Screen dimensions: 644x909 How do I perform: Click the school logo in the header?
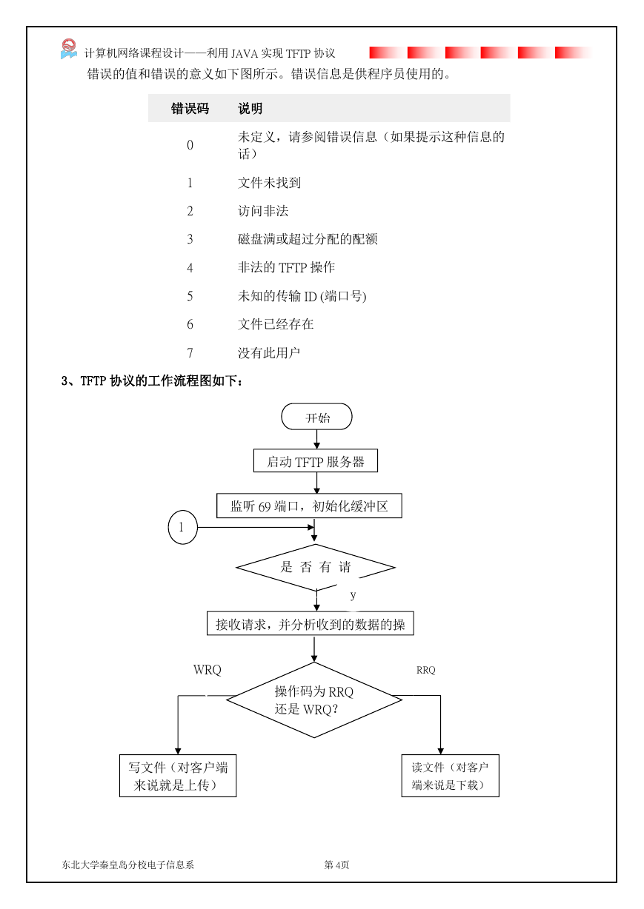[69, 49]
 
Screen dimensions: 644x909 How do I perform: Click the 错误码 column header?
[190, 108]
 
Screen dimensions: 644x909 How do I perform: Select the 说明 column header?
[250, 108]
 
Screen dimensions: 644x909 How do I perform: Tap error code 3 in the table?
[190, 239]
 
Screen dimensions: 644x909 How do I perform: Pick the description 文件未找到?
[269, 183]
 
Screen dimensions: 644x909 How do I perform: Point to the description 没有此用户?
[268, 352]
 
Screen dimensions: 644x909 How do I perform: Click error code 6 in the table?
[190, 324]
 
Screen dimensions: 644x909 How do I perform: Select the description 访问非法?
[263, 211]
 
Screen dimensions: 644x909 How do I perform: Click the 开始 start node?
[316, 416]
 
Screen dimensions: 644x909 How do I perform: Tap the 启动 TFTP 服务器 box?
[315, 460]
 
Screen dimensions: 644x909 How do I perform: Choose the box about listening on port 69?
[309, 506]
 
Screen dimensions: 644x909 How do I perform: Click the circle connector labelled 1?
[182, 527]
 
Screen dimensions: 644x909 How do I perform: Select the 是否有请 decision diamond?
[316, 567]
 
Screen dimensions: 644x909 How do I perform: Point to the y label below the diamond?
[353, 595]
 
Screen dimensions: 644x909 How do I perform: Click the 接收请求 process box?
[311, 623]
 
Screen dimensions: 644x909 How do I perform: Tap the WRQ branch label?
[208, 670]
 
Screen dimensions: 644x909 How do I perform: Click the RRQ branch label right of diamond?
[426, 670]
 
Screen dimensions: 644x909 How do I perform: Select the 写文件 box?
[178, 776]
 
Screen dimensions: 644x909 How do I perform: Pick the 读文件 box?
[450, 776]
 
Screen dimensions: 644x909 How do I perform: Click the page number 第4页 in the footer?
[336, 865]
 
